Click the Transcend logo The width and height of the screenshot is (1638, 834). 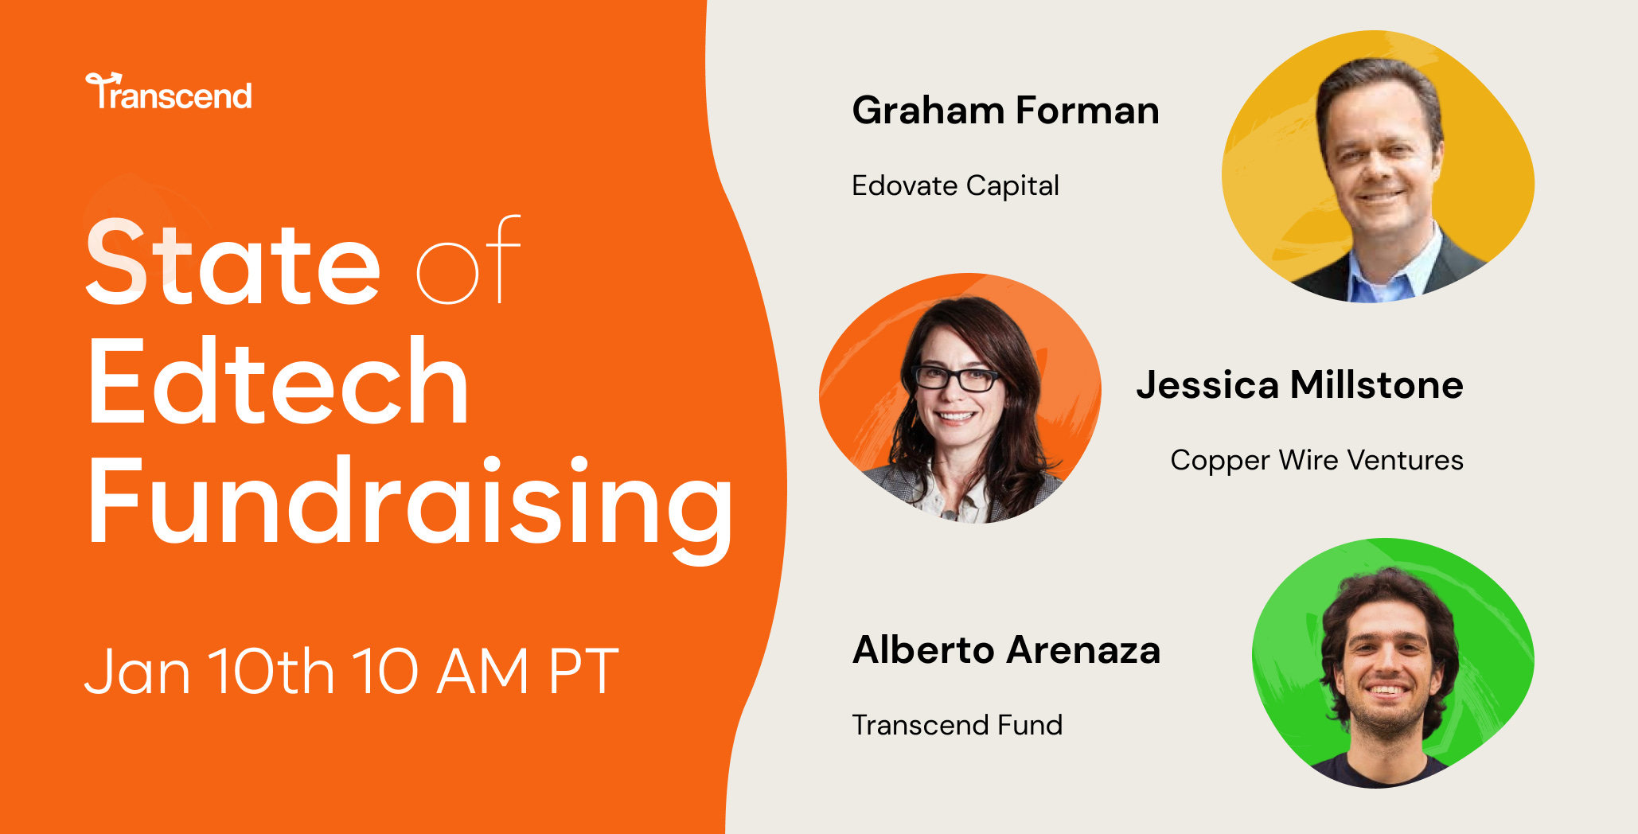[x=169, y=93]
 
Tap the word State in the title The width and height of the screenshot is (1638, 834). [x=232, y=263]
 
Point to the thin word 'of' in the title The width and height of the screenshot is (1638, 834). [x=468, y=262]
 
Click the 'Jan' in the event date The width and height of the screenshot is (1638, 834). [x=137, y=672]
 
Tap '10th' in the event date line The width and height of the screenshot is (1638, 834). [x=271, y=670]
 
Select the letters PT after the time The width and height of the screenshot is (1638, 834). [x=583, y=671]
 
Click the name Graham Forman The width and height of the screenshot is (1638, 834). [x=1005, y=110]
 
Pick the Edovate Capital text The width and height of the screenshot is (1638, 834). [x=955, y=186]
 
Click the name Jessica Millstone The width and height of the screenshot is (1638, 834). [x=1299, y=385]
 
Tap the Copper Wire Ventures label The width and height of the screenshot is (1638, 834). [x=1316, y=461]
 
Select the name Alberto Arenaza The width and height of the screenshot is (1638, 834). [x=1006, y=650]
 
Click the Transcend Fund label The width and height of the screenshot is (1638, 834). [x=957, y=725]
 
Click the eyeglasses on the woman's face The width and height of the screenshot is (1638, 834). [x=956, y=378]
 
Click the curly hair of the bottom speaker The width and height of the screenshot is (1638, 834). [x=1389, y=593]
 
